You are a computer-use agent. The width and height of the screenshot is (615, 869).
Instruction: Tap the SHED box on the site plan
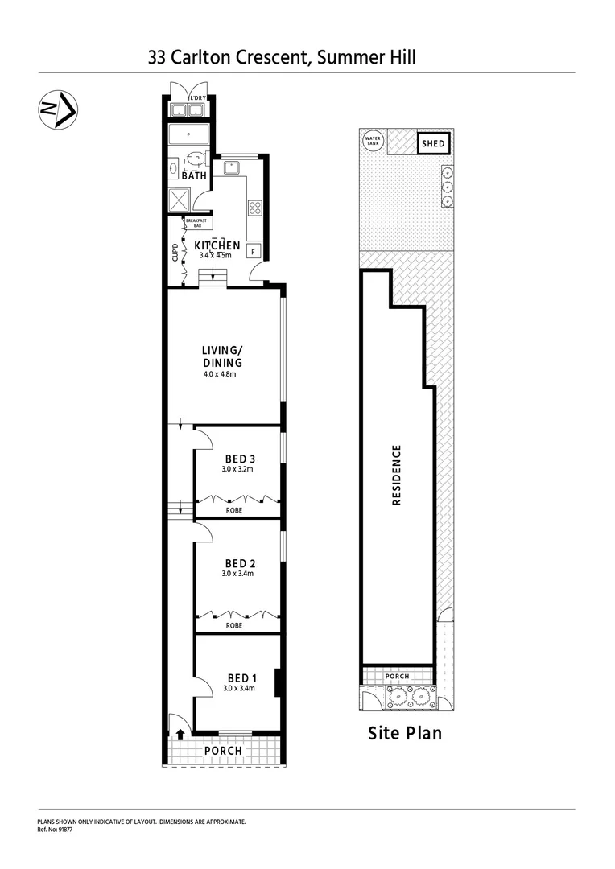coord(434,144)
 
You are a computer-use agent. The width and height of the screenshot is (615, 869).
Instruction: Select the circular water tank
coord(373,141)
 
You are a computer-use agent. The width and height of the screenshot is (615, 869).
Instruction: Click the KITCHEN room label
coord(217,245)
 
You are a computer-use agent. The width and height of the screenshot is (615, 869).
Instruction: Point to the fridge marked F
coord(254,251)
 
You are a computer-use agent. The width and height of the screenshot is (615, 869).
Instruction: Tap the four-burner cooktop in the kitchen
coord(255,208)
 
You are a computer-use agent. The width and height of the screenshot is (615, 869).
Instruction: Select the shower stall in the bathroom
coord(179,199)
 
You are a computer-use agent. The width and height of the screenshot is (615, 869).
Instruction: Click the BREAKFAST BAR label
coord(196,224)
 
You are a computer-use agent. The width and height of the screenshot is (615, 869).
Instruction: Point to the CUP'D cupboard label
coord(175,253)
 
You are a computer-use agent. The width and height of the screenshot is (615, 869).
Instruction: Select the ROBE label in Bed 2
coord(234,624)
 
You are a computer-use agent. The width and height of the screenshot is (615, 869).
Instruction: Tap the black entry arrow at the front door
coord(180,734)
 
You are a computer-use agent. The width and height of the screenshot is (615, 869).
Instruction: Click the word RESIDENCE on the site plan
coord(395,475)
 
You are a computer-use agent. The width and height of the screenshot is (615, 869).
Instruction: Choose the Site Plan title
coord(405,733)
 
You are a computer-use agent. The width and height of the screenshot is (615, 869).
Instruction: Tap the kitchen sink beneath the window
coord(232,168)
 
